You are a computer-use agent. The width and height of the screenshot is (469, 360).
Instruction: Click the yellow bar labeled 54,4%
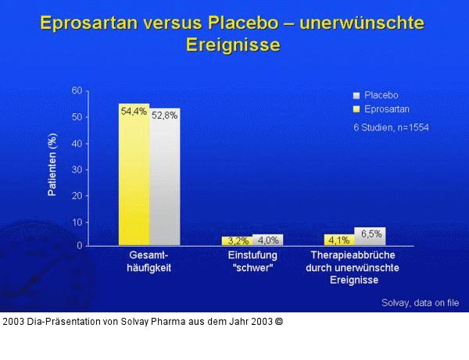tap(134, 176)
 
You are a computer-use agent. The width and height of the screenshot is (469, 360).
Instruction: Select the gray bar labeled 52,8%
tap(164, 178)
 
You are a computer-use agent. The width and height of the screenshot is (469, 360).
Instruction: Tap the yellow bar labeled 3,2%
tap(237, 241)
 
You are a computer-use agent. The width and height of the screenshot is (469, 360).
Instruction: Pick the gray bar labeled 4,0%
tap(267, 240)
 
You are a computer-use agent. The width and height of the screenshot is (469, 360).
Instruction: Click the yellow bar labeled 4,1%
tap(339, 240)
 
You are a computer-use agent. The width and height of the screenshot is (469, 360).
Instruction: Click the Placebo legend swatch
tap(357, 95)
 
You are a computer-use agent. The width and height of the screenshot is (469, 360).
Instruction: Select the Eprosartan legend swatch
tap(357, 109)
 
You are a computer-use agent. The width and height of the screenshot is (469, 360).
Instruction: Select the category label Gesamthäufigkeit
tap(149, 262)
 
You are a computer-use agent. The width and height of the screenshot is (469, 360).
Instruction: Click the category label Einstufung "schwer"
tap(252, 262)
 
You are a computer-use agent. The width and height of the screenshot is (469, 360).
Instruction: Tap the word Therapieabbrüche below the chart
tap(353, 255)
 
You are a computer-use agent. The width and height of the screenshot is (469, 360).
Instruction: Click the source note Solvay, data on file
tap(420, 303)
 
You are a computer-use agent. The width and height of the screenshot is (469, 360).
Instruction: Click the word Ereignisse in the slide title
tap(233, 45)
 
